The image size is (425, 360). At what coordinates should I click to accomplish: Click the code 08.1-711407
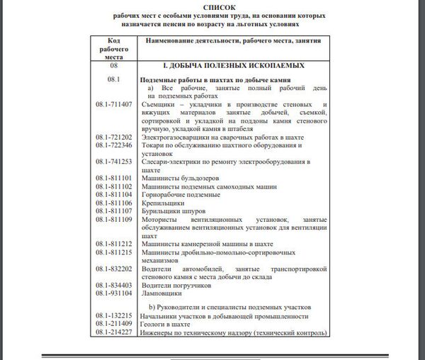click(114, 104)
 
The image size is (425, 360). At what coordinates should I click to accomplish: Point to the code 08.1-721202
click(114, 136)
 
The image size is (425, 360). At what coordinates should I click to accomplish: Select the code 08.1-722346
click(114, 145)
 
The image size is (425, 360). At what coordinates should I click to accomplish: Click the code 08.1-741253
click(114, 162)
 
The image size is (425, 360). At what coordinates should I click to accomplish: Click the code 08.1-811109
click(114, 220)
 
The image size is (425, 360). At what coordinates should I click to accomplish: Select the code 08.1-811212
click(114, 244)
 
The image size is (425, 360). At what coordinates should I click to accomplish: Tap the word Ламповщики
click(160, 293)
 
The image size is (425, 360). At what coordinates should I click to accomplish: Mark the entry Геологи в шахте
click(167, 322)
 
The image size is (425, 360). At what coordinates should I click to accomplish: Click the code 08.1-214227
click(114, 330)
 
